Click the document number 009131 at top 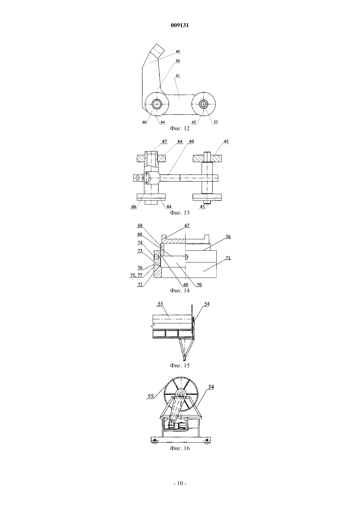point(180,25)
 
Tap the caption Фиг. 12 point(180,128)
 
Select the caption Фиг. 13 point(180,213)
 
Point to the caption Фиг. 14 point(180,290)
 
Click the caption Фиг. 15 point(180,365)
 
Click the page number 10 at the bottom point(180,483)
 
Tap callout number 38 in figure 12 point(177,61)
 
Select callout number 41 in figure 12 point(177,76)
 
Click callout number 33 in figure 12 point(216,122)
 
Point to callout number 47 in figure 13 point(164,141)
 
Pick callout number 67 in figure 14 point(187,225)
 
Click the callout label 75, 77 point(136,275)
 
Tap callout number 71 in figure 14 point(228,258)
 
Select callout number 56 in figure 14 point(228,236)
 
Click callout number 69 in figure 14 point(186,285)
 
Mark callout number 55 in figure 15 point(160,304)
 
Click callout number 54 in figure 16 point(211,387)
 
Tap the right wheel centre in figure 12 point(204,104)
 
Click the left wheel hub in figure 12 point(156,104)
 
